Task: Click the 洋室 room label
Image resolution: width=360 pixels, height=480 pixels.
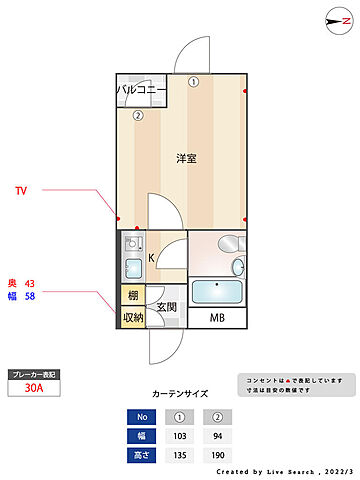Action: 185,159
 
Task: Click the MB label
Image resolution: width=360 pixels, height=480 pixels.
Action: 217,318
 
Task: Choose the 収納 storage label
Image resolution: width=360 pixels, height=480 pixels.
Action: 133,318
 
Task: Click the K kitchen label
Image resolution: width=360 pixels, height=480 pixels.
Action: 152,258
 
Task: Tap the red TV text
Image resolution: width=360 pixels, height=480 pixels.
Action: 20,189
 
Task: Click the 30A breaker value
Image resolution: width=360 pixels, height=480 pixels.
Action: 34,391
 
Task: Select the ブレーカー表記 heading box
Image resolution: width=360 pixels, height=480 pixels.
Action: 34,374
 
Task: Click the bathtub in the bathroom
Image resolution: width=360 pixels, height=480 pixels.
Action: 216,292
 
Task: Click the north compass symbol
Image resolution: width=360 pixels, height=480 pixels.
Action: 332,19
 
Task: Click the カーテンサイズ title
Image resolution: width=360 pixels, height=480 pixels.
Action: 180,394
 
